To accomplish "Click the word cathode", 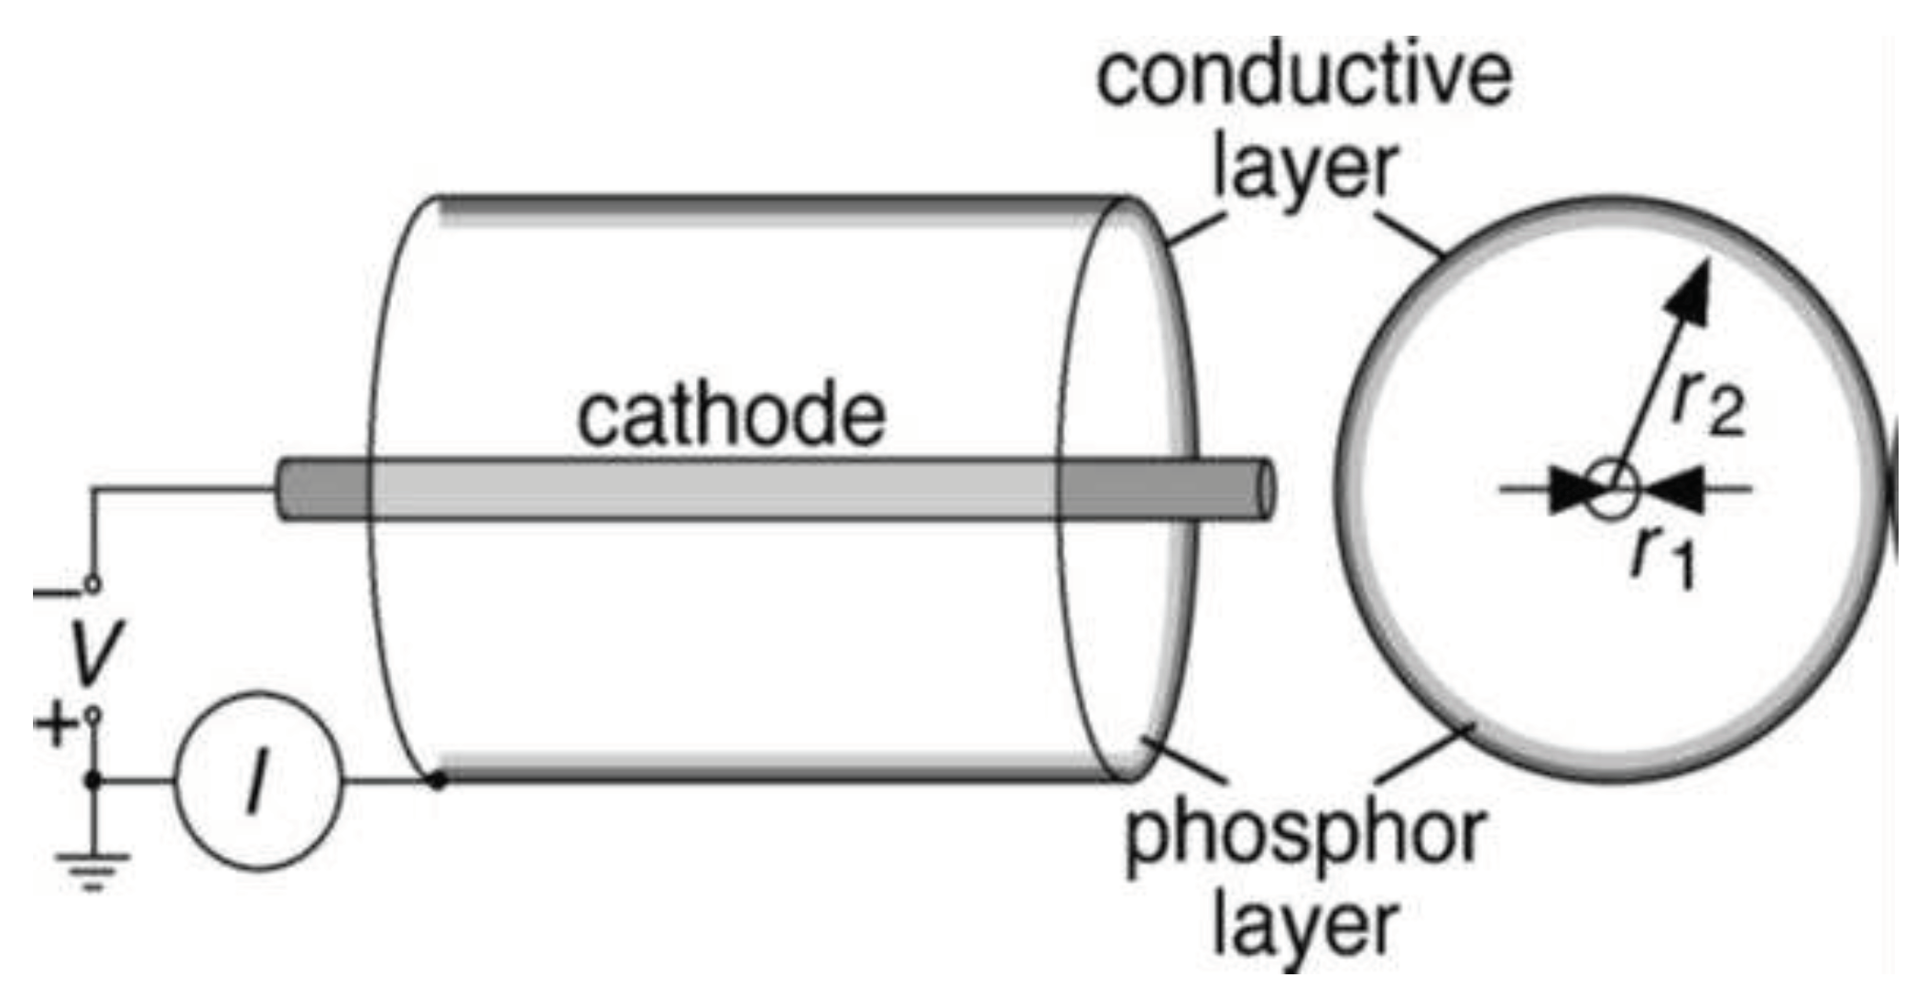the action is pyautogui.click(x=731, y=417).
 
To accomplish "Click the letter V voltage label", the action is pyautogui.click(x=96, y=652).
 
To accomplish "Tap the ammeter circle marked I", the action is pyautogui.click(x=259, y=781).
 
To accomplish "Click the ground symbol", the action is pyautogui.click(x=93, y=870).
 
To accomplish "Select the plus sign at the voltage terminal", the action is pyautogui.click(x=55, y=725).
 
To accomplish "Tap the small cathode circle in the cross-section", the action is pyautogui.click(x=1611, y=490).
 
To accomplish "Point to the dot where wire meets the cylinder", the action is pyautogui.click(x=437, y=781).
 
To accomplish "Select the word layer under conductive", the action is pyautogui.click(x=1305, y=169).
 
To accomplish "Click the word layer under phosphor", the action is pyautogui.click(x=1305, y=927).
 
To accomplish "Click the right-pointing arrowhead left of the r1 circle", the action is pyautogui.click(x=1568, y=490).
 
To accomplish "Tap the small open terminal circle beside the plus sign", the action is pyautogui.click(x=93, y=714).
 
